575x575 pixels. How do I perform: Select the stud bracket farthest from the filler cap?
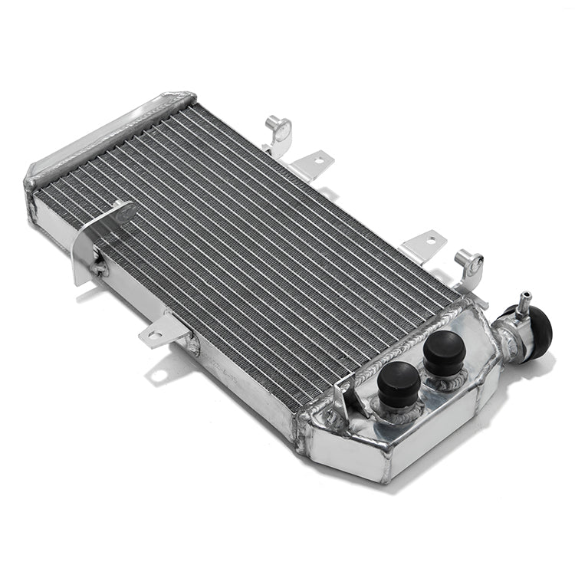click(x=277, y=130)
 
